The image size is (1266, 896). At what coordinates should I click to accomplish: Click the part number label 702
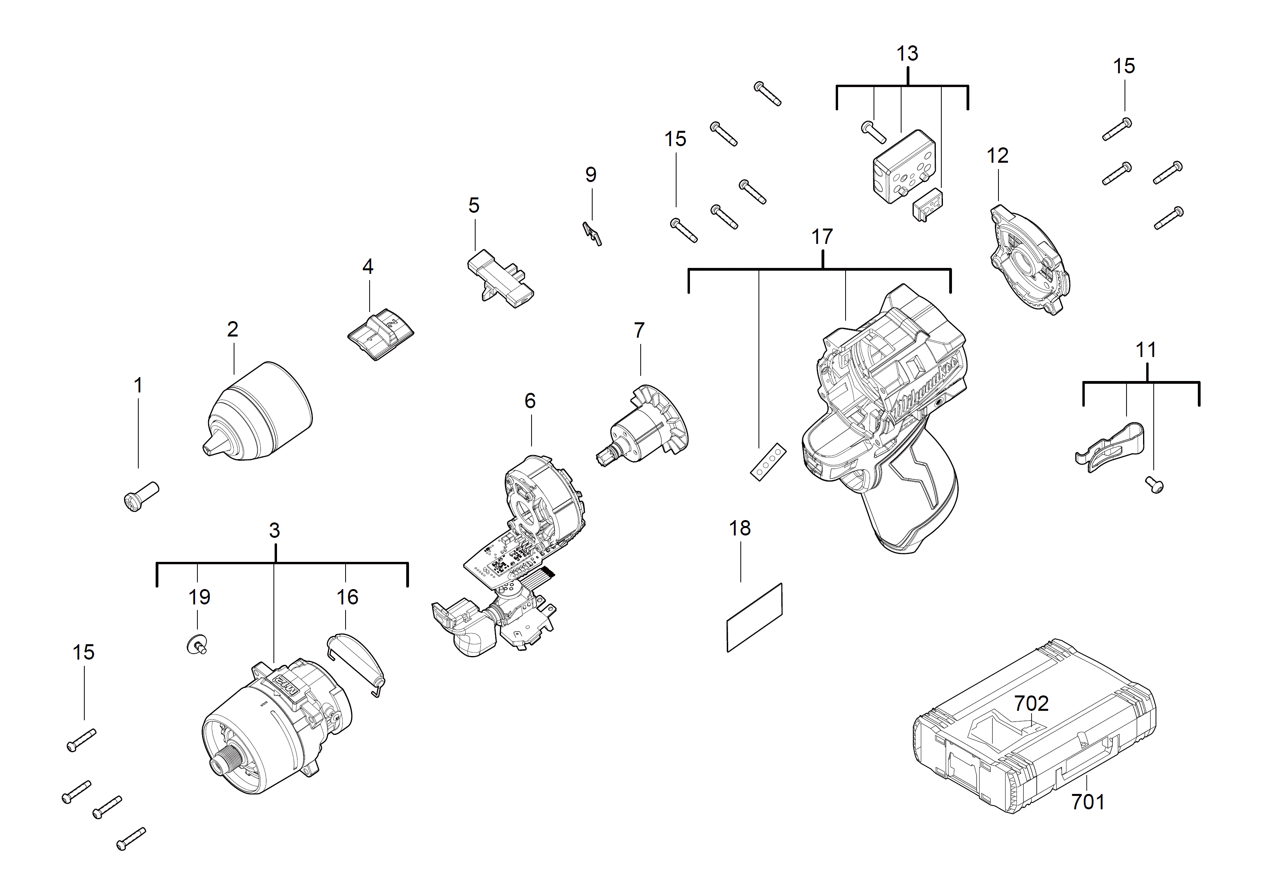pos(1031,703)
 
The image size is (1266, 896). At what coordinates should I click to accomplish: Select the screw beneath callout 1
pos(141,495)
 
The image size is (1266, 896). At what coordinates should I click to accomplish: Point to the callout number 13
pos(907,54)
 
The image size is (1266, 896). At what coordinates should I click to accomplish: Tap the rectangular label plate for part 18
pos(754,617)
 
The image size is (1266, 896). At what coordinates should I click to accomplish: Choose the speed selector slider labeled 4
pos(380,334)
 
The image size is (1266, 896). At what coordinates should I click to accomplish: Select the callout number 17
pos(822,237)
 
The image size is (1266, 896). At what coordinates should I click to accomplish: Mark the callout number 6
pos(530,401)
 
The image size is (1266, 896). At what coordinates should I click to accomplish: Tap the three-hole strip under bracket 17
pos(768,462)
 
